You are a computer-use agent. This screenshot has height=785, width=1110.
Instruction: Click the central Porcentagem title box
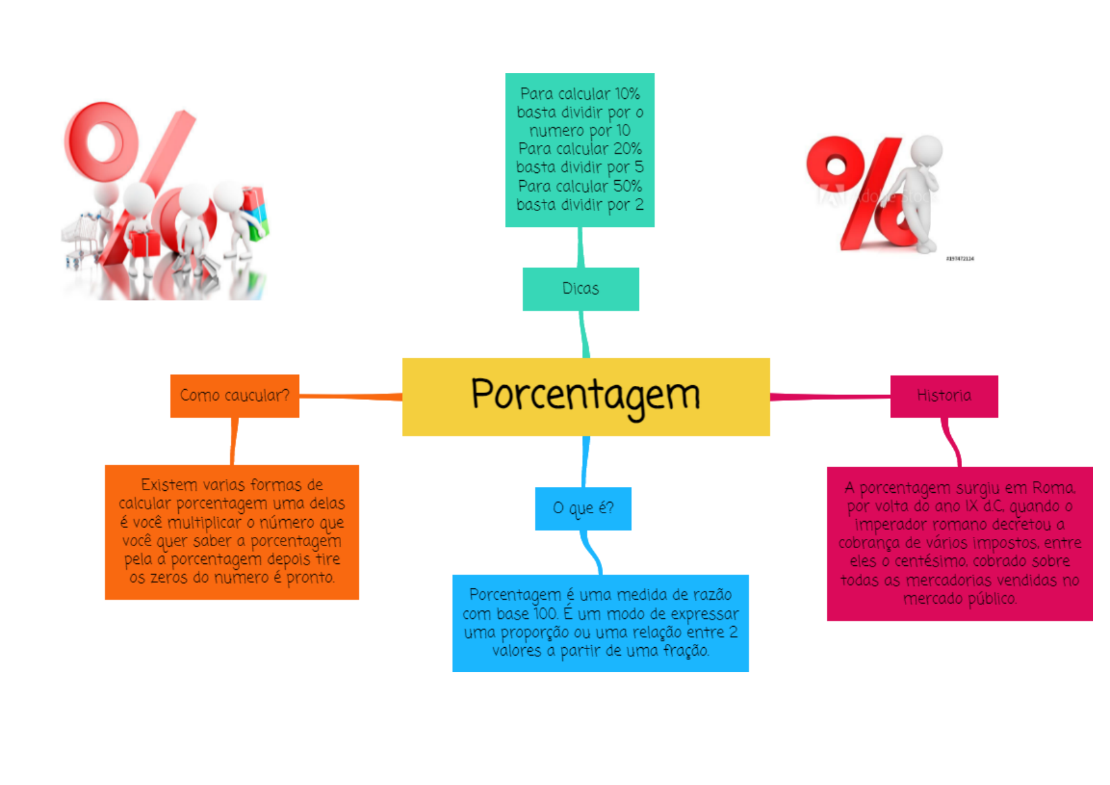[x=585, y=396]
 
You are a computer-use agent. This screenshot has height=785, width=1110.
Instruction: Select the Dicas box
[x=580, y=289]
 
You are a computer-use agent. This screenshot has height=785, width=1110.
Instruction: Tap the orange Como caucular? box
[x=234, y=396]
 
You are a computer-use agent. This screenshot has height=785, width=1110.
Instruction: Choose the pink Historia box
[x=943, y=396]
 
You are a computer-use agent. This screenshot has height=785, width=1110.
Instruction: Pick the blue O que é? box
[x=583, y=509]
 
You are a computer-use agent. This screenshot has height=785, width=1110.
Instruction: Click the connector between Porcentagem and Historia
[x=830, y=396]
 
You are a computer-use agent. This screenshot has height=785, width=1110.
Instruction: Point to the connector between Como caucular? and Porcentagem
[x=350, y=396]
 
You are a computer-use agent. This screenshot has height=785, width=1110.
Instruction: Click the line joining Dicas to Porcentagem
[x=583, y=334]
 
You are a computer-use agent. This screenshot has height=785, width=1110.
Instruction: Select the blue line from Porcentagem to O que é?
[x=585, y=461]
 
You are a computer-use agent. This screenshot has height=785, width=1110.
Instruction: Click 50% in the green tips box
[x=627, y=186]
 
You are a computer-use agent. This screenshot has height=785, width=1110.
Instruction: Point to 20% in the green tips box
[x=627, y=149]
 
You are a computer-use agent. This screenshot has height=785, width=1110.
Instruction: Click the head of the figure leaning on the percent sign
[x=927, y=151]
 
